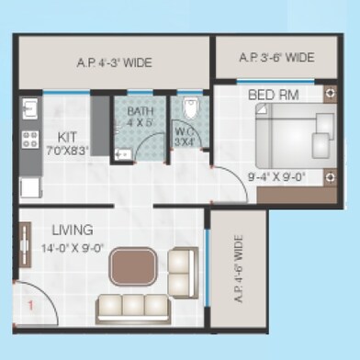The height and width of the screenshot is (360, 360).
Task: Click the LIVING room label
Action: pyautogui.click(x=72, y=230)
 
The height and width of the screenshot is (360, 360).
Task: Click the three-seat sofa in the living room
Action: pyautogui.click(x=132, y=304)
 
